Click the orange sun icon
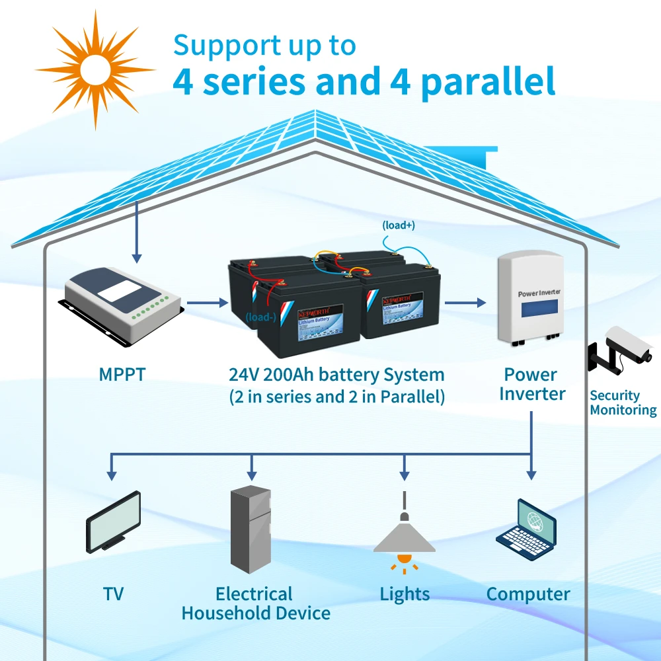click(95, 68)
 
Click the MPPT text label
click(122, 374)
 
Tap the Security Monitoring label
click(623, 403)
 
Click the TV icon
click(114, 521)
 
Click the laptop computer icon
click(527, 531)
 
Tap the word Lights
click(405, 594)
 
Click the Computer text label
click(527, 594)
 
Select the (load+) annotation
click(398, 225)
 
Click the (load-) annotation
click(261, 317)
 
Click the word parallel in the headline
click(487, 82)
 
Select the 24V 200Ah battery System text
click(336, 375)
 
